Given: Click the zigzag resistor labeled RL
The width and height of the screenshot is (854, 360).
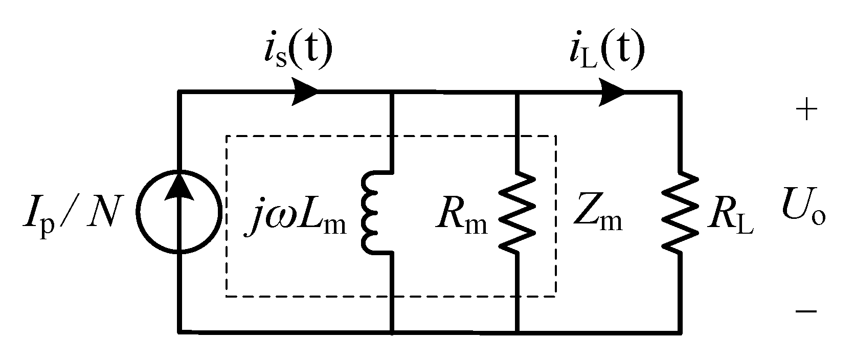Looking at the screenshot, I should pos(680,211).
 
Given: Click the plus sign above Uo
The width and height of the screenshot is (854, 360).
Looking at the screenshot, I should pos(806,110).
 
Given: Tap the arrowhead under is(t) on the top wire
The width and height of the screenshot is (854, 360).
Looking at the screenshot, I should pos(306,92).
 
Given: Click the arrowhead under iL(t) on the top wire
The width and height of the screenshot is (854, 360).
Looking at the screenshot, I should pos(612,92).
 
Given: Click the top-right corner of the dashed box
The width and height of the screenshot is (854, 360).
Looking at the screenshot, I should pos(556,136).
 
